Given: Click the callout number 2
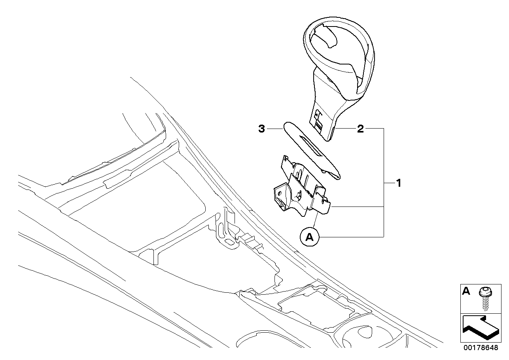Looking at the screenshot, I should tap(360, 129).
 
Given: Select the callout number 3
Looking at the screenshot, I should tap(261, 129).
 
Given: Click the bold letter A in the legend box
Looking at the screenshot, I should tap(467, 292).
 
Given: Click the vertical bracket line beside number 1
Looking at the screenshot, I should tap(384, 182).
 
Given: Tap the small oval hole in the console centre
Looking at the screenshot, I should tap(229, 240).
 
